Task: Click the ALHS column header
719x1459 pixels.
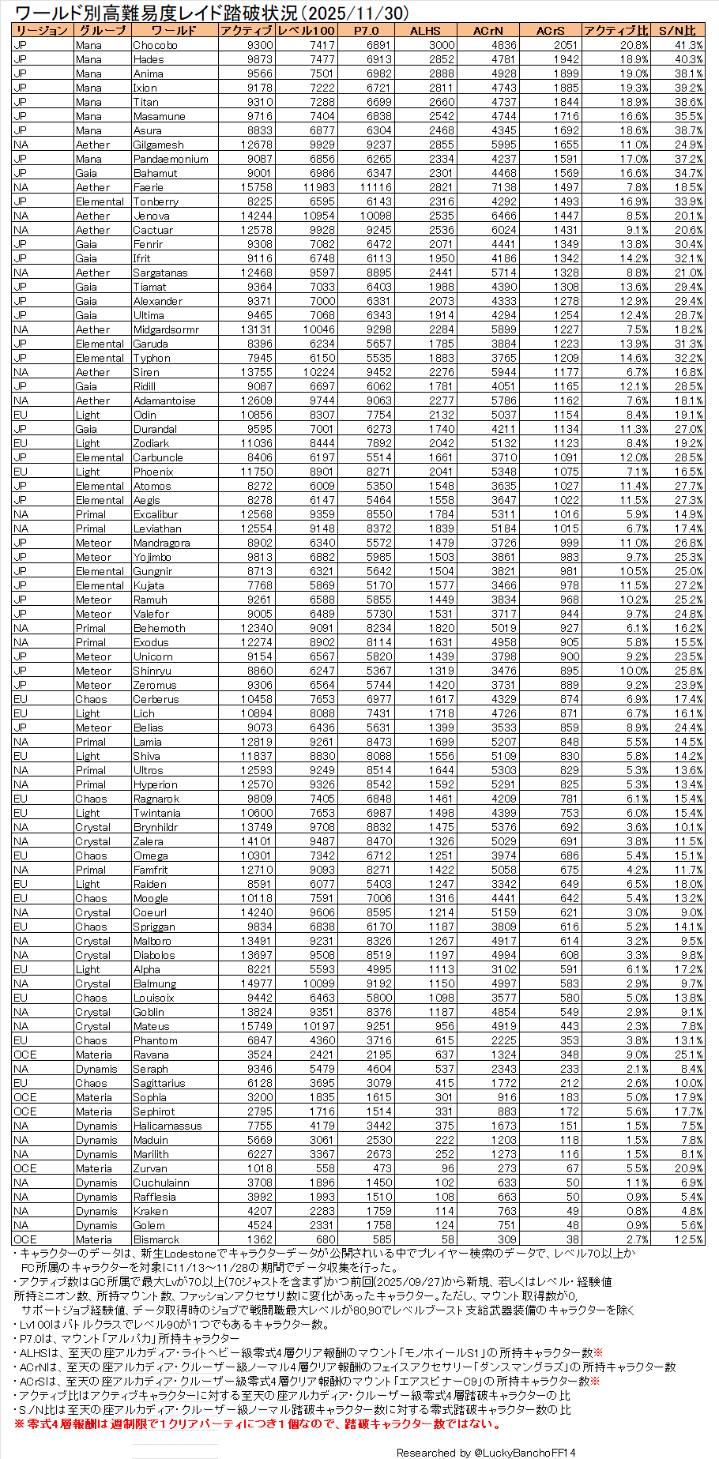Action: click(x=425, y=31)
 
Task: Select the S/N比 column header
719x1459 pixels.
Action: click(x=678, y=31)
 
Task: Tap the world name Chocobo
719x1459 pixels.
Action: click(x=155, y=45)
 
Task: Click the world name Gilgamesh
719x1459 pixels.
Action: click(x=158, y=145)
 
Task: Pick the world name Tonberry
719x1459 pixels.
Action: click(x=156, y=201)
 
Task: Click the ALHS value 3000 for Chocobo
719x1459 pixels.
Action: click(x=442, y=45)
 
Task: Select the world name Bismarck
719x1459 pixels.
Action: click(x=156, y=1239)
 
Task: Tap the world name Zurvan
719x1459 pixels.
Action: click(x=150, y=1168)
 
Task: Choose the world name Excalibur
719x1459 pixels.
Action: click(x=156, y=514)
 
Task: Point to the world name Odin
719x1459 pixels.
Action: click(x=145, y=415)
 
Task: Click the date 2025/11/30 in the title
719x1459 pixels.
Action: click(x=346, y=13)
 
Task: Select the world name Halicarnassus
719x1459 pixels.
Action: click(x=168, y=1126)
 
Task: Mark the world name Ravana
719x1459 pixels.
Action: click(x=151, y=1055)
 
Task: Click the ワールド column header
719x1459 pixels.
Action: click(x=174, y=31)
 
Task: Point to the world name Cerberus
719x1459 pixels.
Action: click(x=156, y=699)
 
